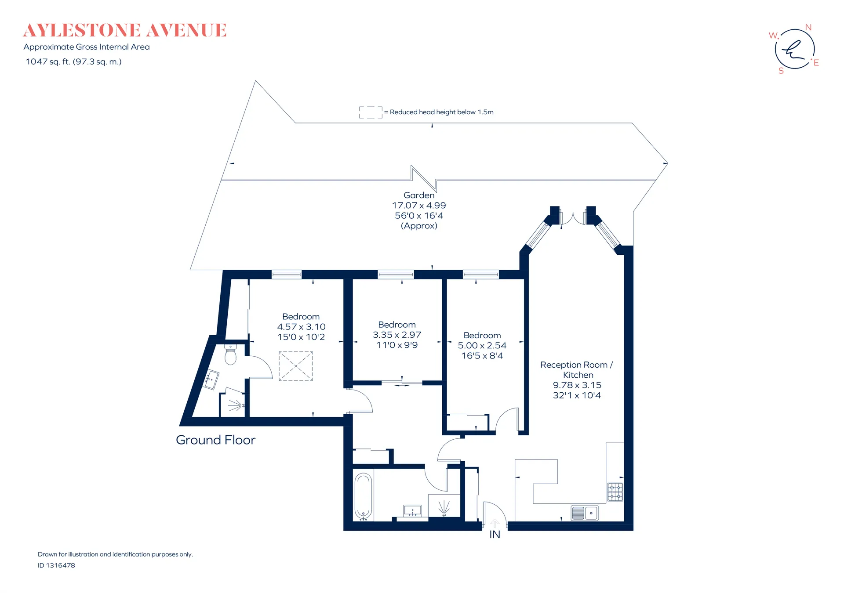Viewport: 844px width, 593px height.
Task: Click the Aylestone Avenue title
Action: click(x=125, y=31)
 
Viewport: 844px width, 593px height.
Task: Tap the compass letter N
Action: click(x=808, y=27)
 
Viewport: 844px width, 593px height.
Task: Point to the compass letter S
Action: click(x=781, y=71)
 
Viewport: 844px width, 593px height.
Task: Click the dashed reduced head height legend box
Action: click(x=371, y=112)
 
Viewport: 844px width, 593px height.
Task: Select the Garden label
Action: click(x=419, y=195)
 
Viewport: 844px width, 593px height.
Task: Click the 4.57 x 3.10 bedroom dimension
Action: click(x=301, y=327)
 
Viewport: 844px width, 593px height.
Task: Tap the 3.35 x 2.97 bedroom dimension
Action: click(x=397, y=335)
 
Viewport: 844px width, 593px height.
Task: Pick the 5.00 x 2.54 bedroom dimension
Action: click(x=482, y=346)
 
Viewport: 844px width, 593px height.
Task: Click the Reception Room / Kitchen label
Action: click(x=576, y=370)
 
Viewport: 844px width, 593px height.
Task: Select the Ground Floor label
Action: click(x=215, y=440)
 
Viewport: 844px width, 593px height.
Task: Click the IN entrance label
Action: click(x=495, y=535)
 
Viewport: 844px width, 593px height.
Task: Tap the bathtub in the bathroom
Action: click(x=363, y=496)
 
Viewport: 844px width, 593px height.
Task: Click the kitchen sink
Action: click(x=585, y=513)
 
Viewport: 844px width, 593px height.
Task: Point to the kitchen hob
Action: click(x=615, y=492)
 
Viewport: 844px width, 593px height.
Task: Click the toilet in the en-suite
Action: click(x=230, y=354)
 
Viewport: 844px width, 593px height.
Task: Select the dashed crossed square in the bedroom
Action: click(x=296, y=366)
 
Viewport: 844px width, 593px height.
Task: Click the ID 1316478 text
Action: click(x=56, y=565)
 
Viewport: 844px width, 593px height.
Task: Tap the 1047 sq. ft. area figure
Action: click(x=73, y=62)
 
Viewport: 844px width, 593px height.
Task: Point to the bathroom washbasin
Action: click(x=412, y=510)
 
